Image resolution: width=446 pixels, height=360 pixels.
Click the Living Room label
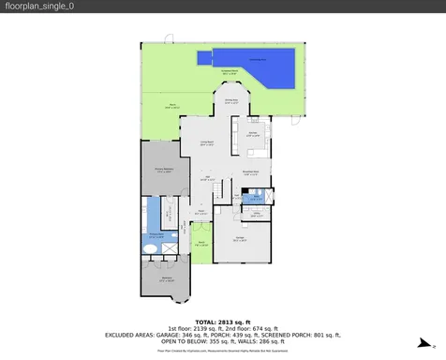[x=207, y=142]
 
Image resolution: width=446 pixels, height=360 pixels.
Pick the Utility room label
[x=255, y=215]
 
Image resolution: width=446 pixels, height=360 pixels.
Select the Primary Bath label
[x=156, y=236]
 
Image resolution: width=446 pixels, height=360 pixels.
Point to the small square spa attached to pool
[x=203, y=58]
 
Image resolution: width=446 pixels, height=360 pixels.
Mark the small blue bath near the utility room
[x=254, y=198]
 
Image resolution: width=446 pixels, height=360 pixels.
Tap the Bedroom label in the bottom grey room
[x=166, y=278]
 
